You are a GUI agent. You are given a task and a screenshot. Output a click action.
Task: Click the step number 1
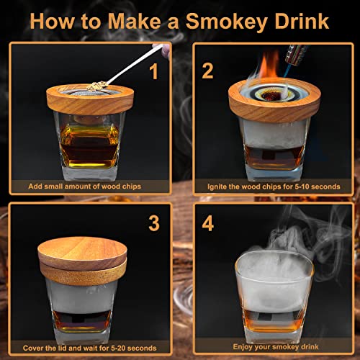click(x=153, y=71)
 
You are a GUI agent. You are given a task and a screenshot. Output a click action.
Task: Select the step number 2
click(x=208, y=71)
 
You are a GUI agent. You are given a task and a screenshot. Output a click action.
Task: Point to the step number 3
click(x=153, y=222)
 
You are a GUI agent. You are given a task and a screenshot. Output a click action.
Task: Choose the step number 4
click(x=208, y=222)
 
